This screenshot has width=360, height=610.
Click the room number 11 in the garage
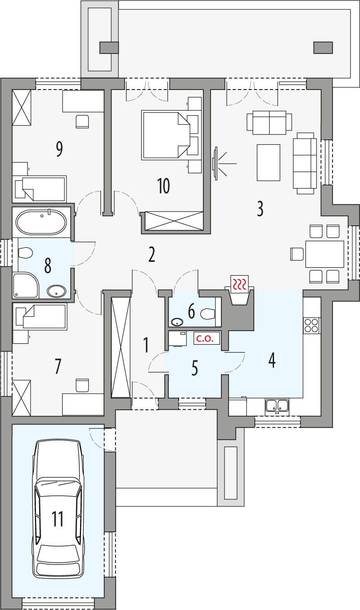[x=58, y=518]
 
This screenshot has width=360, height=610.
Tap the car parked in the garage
[x=58, y=508]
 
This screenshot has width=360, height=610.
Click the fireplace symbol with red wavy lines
[x=239, y=284]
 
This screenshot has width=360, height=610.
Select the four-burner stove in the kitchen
[x=312, y=325]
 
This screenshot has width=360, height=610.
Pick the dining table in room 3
[x=324, y=254]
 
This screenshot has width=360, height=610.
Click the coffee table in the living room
[x=268, y=162]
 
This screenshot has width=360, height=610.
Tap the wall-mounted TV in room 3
[x=216, y=164]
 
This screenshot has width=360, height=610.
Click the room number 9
[x=59, y=149]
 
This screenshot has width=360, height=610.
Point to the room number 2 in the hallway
[x=152, y=255]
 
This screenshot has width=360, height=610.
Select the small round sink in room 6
[x=177, y=322]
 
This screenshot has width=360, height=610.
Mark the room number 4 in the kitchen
[x=271, y=360]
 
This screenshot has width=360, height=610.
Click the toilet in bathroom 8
[x=25, y=253]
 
